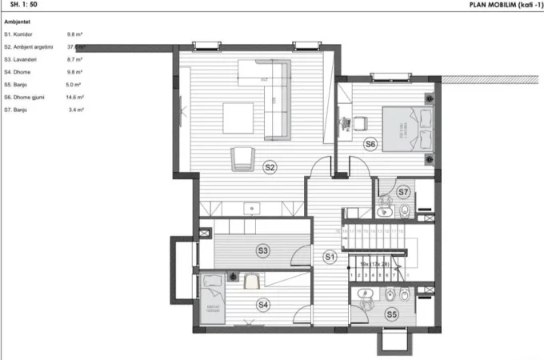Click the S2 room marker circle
pos(270,167)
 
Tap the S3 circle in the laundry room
pos(262,250)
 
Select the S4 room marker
pos(263,304)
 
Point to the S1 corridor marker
pos(329,256)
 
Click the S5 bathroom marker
pos(392,314)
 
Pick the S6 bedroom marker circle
pos(370,145)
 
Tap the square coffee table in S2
pos(235,119)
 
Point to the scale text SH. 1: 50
pos(23,4)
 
